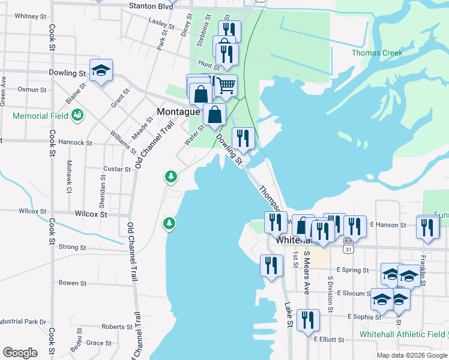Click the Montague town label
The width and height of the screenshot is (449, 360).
click(x=178, y=112)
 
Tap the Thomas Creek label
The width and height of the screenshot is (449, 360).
click(x=377, y=53)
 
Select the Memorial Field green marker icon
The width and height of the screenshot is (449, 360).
click(x=77, y=115)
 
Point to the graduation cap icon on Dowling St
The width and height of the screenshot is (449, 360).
click(x=101, y=70)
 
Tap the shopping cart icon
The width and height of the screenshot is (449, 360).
click(x=225, y=85)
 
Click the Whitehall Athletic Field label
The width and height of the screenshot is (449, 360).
click(x=400, y=334)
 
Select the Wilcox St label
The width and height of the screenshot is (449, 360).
click(x=91, y=214)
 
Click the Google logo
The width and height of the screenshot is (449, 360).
click(x=20, y=353)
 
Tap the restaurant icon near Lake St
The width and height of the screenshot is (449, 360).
click(x=271, y=265)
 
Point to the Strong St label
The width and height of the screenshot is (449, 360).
click(x=73, y=247)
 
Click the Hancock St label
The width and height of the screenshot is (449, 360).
click(x=76, y=143)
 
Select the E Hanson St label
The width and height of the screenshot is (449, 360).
click(x=388, y=225)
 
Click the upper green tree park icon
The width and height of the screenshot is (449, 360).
click(x=171, y=176)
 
